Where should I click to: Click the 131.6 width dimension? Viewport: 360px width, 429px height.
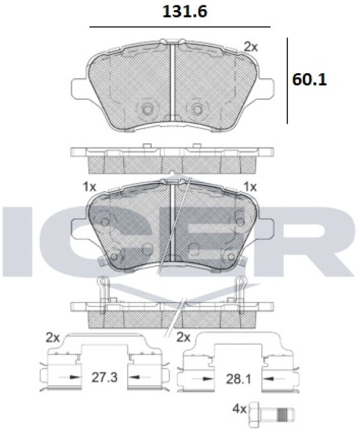(x=185, y=12)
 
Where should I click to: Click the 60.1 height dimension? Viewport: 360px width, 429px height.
(x=310, y=80)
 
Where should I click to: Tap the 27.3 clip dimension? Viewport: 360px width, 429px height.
(x=104, y=377)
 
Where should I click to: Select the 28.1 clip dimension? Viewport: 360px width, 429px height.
(x=238, y=379)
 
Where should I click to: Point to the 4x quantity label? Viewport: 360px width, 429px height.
(x=239, y=409)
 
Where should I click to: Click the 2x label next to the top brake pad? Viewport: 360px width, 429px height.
(x=251, y=47)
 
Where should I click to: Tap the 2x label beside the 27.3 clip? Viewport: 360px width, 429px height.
(x=53, y=338)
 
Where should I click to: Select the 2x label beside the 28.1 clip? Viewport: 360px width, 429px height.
(x=183, y=338)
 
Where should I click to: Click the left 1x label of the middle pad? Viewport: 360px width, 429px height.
(x=90, y=187)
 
